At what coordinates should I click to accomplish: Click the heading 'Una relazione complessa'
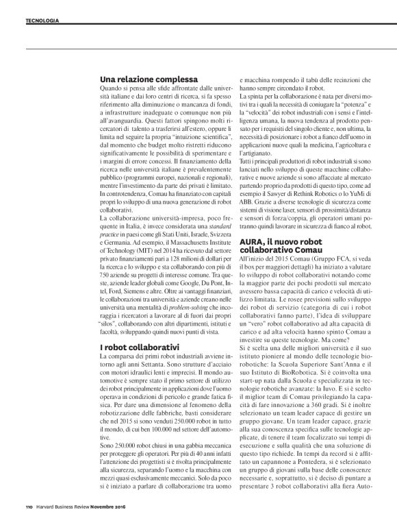point(149,79)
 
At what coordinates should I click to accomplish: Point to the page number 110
point(21,506)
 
